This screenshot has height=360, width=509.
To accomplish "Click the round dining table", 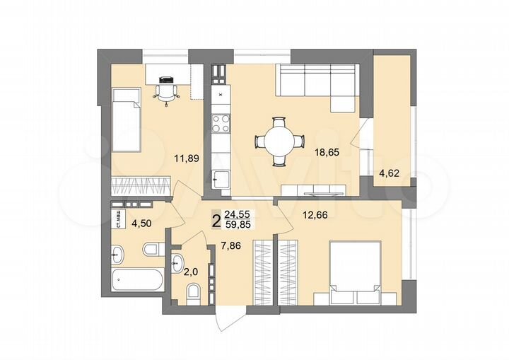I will (x=276, y=141).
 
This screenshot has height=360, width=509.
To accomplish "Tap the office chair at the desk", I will (x=166, y=90).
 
